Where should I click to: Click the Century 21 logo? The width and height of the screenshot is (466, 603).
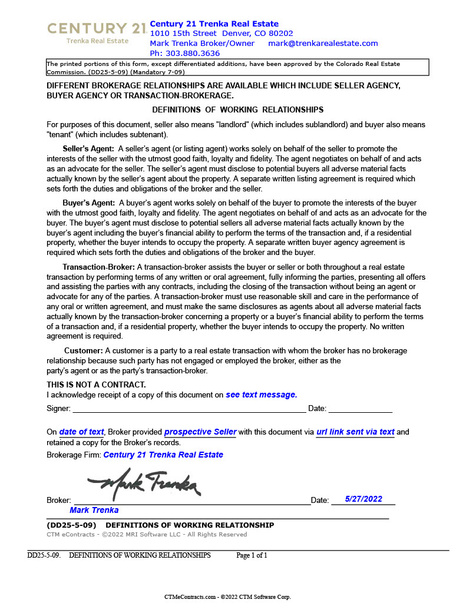coord(97,32)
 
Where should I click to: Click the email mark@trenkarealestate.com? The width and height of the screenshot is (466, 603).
coord(323,44)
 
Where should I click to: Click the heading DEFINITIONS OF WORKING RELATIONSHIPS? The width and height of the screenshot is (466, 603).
coord(237,110)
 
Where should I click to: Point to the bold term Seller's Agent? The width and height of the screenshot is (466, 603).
coord(88,149)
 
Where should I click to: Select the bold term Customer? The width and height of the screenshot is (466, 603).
coord(83,351)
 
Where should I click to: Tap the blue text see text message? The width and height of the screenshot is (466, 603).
coord(261,395)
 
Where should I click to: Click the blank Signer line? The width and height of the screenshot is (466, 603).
coord(189,409)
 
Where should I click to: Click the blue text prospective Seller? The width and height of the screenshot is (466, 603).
coord(200,432)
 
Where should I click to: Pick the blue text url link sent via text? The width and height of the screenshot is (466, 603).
coord(355,432)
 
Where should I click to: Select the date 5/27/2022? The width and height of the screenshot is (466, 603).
coord(363,499)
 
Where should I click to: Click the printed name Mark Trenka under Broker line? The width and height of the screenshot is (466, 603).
coord(94,510)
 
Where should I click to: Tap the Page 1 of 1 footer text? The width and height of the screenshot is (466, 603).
coord(252,555)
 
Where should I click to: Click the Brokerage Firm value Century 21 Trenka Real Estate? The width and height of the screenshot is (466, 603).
coord(163,455)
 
